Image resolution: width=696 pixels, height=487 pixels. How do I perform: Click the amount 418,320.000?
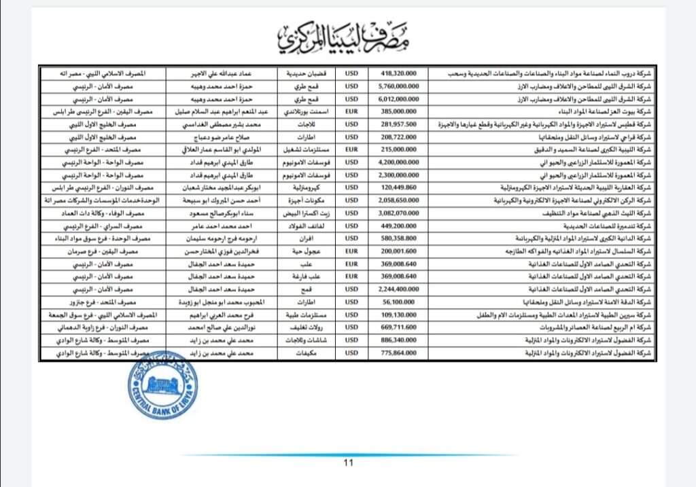coord(398,73)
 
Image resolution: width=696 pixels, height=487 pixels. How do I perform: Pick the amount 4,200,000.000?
coord(398,162)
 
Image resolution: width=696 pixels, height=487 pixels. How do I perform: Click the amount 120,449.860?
coord(398,187)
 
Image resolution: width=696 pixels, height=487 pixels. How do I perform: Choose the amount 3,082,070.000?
coord(398,213)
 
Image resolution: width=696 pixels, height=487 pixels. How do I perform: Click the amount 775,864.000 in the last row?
coord(398,353)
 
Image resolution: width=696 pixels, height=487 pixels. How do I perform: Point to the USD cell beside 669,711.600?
coord(351,327)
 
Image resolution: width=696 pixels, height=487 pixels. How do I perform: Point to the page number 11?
coord(349,464)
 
